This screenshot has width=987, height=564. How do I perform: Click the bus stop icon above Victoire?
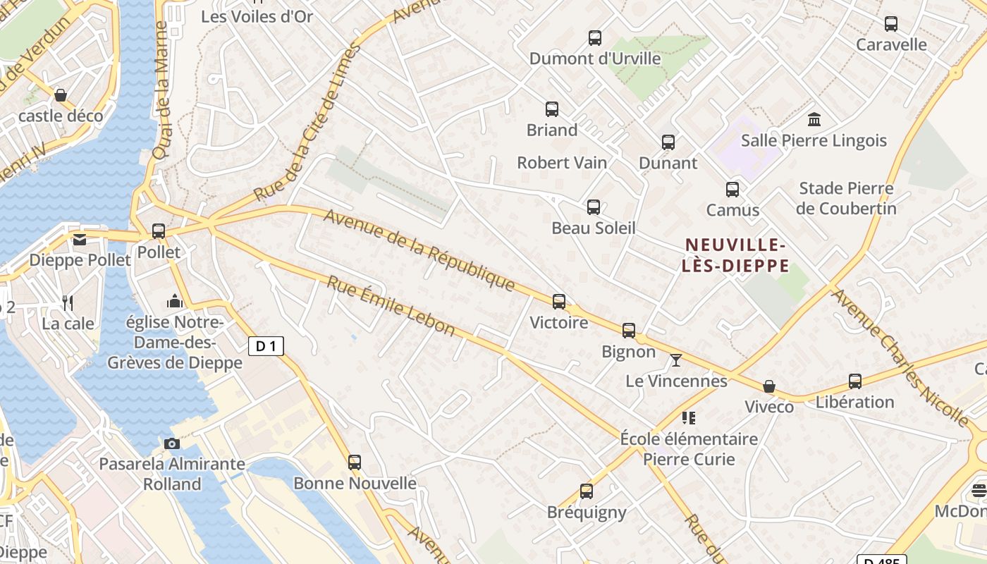coord(559,302)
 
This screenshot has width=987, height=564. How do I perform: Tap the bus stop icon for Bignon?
coord(629,330)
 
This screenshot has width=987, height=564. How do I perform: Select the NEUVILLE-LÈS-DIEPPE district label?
coord(736,255)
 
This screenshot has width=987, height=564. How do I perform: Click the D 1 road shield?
coord(266,346)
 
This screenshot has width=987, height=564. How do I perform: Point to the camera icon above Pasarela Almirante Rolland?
coord(171,443)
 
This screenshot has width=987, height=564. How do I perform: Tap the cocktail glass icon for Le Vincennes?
coord(676,360)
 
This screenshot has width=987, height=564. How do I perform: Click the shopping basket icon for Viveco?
coord(769,386)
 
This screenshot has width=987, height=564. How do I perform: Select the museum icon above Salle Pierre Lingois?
coord(814,119)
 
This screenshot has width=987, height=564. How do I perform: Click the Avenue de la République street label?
coord(419,250)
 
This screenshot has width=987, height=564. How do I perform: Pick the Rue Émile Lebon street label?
coord(391,305)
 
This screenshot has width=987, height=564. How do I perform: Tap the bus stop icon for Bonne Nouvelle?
coord(355,462)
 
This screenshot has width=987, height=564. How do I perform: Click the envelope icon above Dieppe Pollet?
coord(80,240)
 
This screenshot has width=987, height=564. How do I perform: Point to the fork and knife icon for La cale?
coord(68,303)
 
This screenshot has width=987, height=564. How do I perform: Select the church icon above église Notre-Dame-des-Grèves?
coord(175,302)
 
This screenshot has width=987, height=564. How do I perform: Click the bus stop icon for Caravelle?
coord(891,24)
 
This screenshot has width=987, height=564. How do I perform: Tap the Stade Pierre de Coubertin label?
coord(846,198)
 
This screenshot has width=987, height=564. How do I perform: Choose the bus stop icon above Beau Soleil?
coord(594,207)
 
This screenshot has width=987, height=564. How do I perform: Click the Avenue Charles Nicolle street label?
coord(900,357)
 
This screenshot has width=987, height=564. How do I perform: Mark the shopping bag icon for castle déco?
coord(61,95)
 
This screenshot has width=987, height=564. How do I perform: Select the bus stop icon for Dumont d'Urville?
coord(595,38)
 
